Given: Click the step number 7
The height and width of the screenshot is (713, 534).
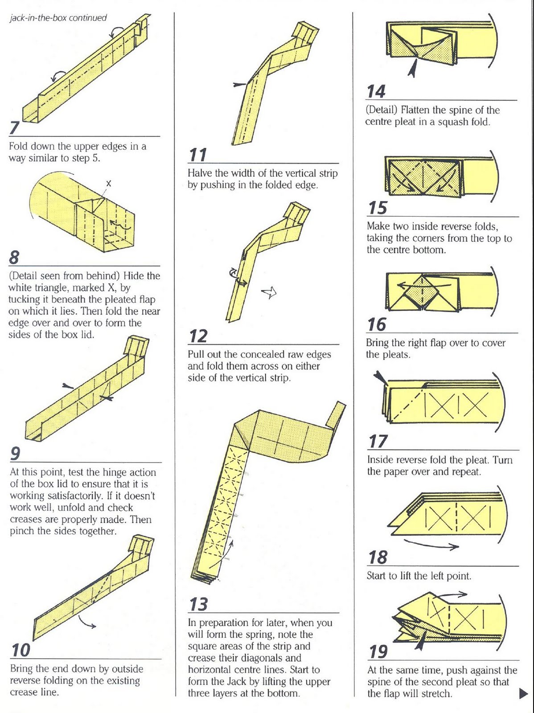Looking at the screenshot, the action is [x=15, y=127].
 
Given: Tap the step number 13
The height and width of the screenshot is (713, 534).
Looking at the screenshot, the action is [x=198, y=605].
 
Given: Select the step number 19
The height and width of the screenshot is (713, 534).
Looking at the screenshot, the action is [x=378, y=652].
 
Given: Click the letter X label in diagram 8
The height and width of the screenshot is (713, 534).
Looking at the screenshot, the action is [x=109, y=183].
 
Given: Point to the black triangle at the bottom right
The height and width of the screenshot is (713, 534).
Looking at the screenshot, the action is [x=523, y=693].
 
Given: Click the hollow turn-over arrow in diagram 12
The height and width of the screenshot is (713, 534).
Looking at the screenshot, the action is [x=269, y=292].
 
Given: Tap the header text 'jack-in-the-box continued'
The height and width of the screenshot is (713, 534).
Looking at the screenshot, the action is [x=58, y=18].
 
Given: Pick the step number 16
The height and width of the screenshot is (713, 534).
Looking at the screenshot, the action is [x=377, y=324].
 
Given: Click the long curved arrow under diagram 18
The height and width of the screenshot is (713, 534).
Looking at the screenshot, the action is [x=431, y=545].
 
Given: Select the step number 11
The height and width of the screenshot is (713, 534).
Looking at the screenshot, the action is [x=198, y=155].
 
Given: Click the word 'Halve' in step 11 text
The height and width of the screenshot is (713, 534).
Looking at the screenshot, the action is [x=201, y=173].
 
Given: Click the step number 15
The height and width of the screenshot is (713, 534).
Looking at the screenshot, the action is [x=378, y=208].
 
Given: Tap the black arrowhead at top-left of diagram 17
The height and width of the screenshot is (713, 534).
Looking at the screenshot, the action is [x=380, y=377].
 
